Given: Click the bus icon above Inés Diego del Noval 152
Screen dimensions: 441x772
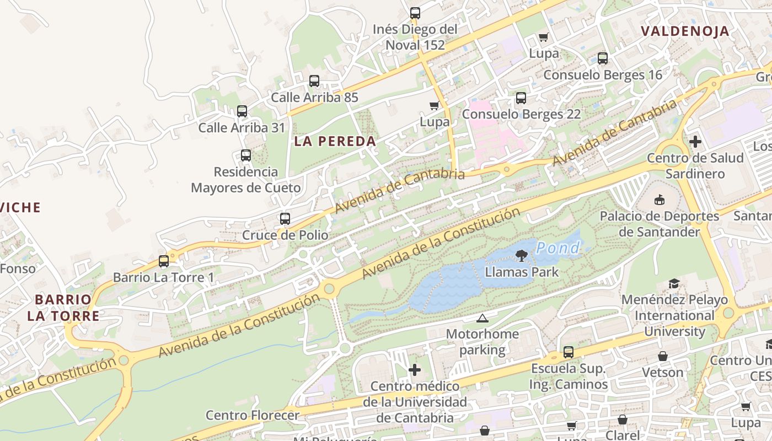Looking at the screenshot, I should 415,13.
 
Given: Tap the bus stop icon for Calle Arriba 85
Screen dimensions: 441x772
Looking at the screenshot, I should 314,81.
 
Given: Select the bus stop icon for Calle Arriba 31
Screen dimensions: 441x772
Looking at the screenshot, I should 242,111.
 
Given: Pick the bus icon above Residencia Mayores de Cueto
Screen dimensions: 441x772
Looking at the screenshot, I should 246,155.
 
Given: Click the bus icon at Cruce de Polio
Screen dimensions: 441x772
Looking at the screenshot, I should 285,219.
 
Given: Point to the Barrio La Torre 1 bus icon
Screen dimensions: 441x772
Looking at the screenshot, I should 164,261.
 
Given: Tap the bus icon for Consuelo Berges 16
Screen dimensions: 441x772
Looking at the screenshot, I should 603,58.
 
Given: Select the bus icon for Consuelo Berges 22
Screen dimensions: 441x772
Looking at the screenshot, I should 521,98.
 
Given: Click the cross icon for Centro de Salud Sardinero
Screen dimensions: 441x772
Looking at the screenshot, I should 695,142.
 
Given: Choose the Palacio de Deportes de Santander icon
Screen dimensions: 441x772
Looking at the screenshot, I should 659,200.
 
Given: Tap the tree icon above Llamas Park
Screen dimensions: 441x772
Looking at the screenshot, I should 521,255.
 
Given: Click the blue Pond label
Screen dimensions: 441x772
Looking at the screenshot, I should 558,248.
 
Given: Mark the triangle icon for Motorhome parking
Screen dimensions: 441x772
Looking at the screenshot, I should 482,318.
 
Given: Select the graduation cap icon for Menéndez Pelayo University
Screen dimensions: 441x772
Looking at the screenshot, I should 674,284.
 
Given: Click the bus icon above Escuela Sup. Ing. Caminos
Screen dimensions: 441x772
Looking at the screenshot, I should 569,352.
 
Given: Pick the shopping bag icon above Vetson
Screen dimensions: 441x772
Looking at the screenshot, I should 663,356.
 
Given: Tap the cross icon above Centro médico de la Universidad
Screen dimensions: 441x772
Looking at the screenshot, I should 415,370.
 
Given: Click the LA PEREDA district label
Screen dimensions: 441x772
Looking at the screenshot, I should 335,141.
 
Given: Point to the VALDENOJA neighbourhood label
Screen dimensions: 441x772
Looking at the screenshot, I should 685,31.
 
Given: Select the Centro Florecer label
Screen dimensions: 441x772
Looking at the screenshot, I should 253,415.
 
